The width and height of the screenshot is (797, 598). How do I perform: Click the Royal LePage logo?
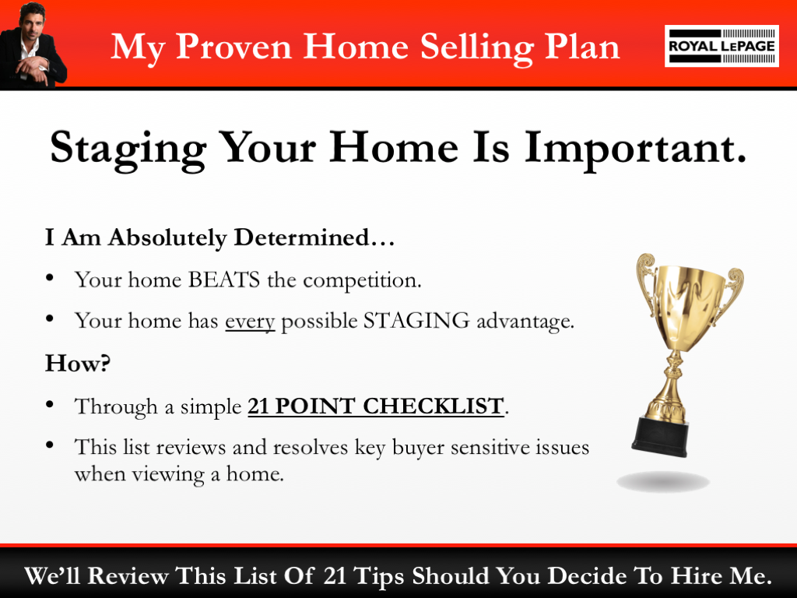tap(721, 46)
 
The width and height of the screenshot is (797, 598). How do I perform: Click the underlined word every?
tap(250, 321)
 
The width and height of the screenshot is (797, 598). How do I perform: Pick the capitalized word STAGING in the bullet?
tap(409, 321)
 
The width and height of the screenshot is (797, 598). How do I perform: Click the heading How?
tap(77, 363)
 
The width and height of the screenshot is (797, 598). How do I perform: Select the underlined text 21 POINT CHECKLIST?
tap(375, 406)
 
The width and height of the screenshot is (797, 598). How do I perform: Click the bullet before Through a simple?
tap(51, 405)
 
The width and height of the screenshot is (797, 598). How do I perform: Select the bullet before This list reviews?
tap(51, 446)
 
